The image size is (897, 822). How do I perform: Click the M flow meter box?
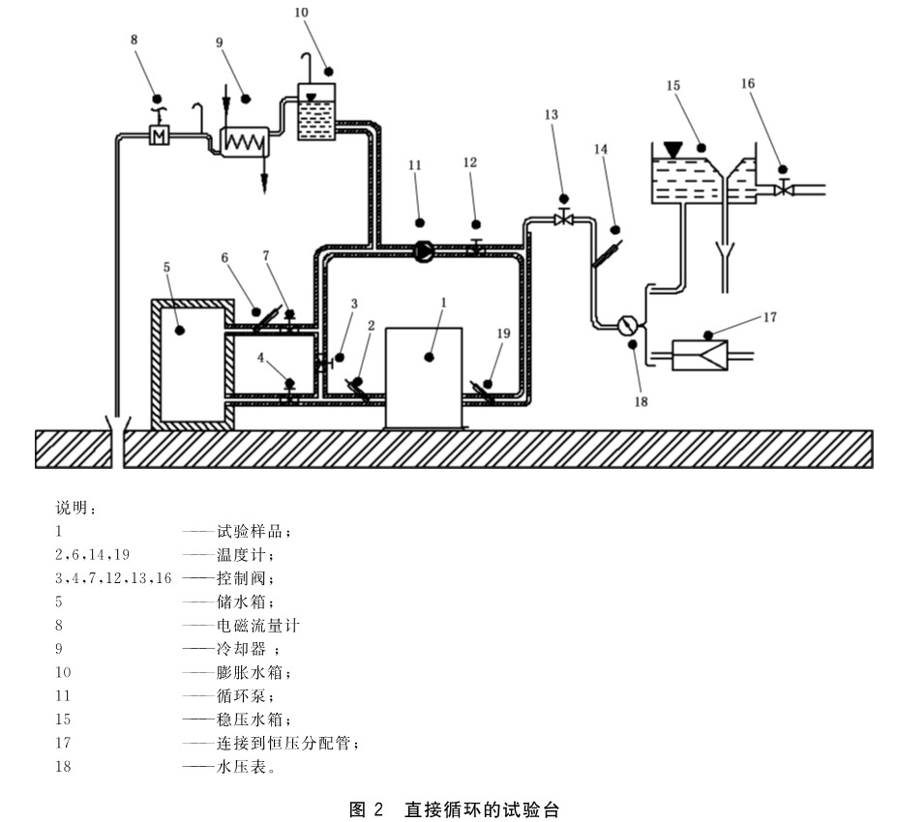coord(159,135)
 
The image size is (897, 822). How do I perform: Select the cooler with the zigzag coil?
coord(245,142)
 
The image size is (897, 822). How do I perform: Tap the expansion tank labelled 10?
coord(316,112)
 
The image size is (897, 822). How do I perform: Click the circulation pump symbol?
coord(423,250)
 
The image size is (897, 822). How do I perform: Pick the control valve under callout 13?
coord(564,219)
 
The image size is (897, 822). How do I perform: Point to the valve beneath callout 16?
coord(784,188)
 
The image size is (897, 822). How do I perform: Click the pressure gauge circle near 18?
coord(628,325)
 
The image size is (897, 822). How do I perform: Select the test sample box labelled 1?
coord(424,378)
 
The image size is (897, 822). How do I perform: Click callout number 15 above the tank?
coord(673,86)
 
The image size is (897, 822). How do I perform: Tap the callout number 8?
coord(134,40)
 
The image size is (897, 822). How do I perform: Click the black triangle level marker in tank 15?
coord(673,150)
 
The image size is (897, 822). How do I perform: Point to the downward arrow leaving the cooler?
coord(264,174)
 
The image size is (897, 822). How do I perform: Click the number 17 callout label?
coord(770,317)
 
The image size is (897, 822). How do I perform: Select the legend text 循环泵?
coord(241,695)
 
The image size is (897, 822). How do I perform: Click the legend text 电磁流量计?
coord(257,626)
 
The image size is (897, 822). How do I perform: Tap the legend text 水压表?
coord(241,767)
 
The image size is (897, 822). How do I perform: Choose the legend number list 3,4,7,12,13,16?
coord(113,578)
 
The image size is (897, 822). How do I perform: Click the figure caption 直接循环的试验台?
coord(482,809)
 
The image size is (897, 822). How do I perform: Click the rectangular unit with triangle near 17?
coord(700,355)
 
